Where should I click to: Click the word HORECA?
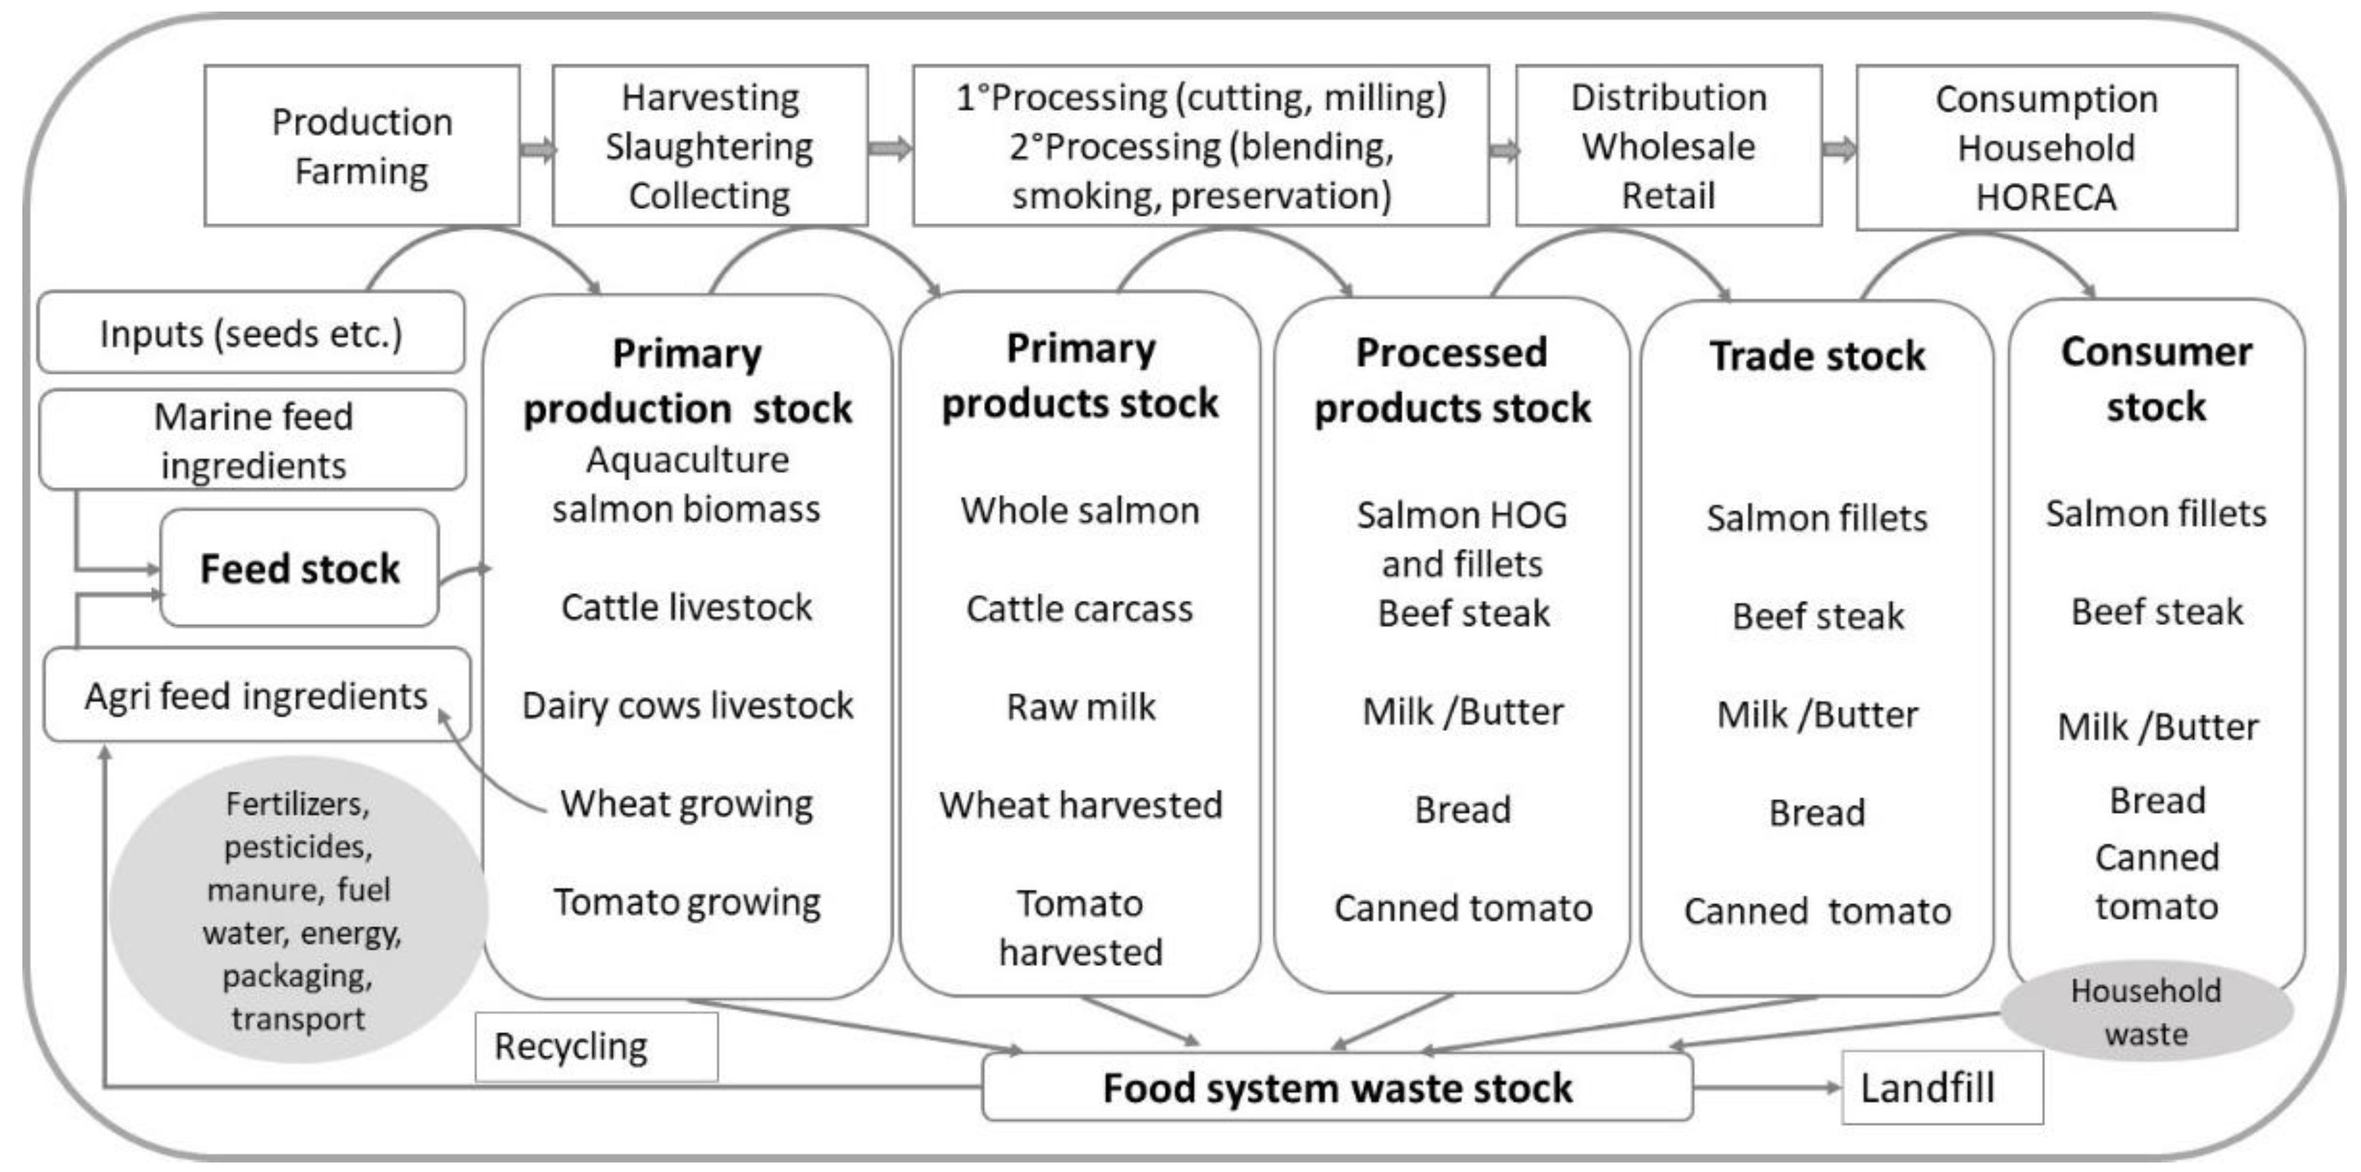[x=2046, y=197]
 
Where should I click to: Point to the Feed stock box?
[x=299, y=569]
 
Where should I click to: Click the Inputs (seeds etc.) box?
[x=250, y=333]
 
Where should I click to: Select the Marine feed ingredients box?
[x=253, y=440]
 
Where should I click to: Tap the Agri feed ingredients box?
[x=257, y=695]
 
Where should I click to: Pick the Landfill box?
[x=1941, y=1088]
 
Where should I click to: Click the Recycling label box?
[x=596, y=1046]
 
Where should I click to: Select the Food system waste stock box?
[x=1336, y=1088]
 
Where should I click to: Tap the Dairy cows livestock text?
[x=687, y=705]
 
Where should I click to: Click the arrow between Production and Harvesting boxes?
[x=537, y=149]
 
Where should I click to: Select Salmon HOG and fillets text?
[x=1462, y=539]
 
